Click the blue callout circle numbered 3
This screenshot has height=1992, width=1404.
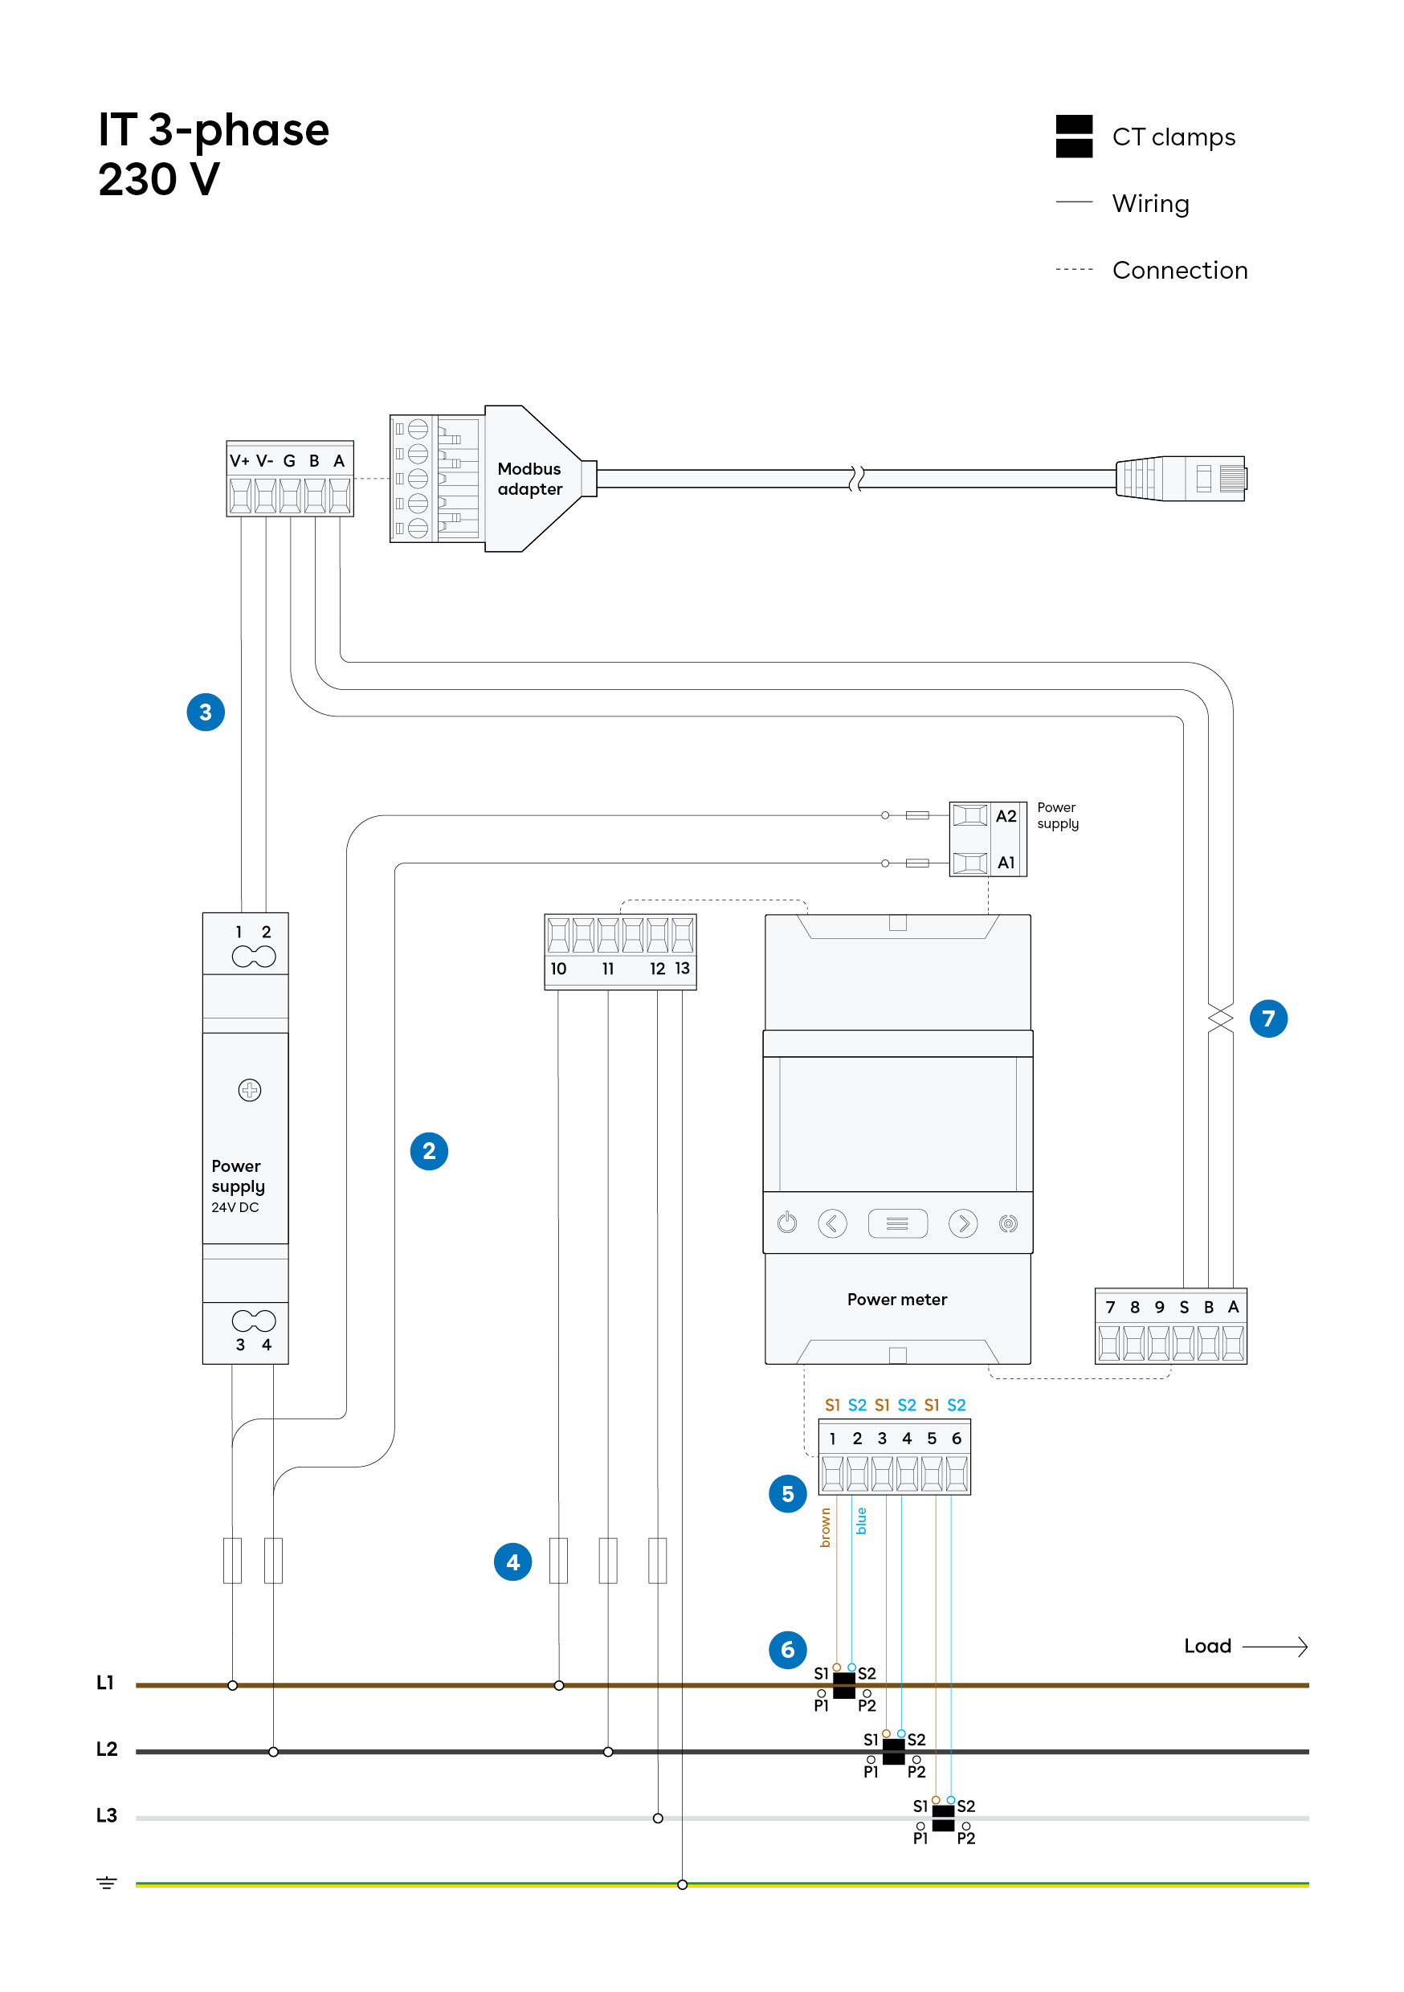(206, 712)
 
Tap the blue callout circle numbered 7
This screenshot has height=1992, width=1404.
(1267, 1018)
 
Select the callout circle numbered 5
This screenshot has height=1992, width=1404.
(787, 1494)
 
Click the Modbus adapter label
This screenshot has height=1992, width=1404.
(529, 479)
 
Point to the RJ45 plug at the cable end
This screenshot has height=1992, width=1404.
(1182, 479)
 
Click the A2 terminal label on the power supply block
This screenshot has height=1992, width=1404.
(1005, 816)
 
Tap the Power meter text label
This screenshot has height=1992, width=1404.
(896, 1300)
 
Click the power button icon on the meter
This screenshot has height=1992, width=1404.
(787, 1223)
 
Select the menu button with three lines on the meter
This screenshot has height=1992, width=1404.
(897, 1223)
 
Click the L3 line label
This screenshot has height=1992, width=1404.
(106, 1816)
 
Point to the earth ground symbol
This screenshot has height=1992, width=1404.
(106, 1884)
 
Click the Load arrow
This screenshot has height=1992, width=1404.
(1275, 1647)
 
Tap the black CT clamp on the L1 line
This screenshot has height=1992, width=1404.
(843, 1686)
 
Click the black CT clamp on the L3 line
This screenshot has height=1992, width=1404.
(942, 1819)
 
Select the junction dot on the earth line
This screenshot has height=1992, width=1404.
(682, 1884)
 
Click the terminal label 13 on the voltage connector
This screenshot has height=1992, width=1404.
(682, 968)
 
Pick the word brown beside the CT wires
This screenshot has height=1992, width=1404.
(825, 1528)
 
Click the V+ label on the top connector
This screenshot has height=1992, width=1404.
(239, 461)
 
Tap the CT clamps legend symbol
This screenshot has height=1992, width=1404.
(1073, 137)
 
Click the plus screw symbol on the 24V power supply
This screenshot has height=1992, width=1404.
(249, 1091)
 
